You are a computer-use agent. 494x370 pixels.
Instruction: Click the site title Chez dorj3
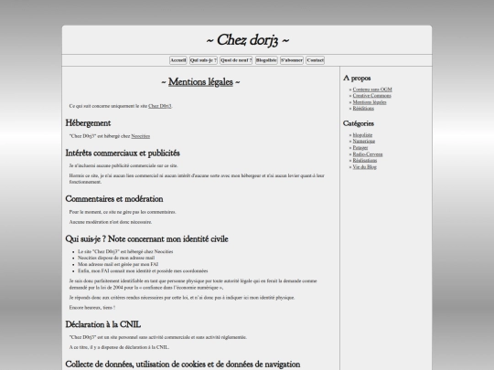pyautogui.click(x=247, y=40)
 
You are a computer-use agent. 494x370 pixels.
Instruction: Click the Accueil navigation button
pyautogui.click(x=178, y=60)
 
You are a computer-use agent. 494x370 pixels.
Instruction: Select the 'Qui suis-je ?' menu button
pyautogui.click(x=203, y=60)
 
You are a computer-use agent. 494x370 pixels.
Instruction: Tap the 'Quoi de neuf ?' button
pyautogui.click(x=236, y=60)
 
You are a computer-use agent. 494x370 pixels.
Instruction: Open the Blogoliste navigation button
pyautogui.click(x=266, y=60)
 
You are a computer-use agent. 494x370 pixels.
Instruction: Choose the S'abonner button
pyautogui.click(x=292, y=60)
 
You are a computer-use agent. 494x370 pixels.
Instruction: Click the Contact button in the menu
pyautogui.click(x=315, y=60)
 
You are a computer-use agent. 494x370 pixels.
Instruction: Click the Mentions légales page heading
pyautogui.click(x=200, y=82)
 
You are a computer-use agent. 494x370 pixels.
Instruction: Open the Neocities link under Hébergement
pyautogui.click(x=140, y=135)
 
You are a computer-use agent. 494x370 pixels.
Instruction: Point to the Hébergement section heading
pyautogui.click(x=88, y=122)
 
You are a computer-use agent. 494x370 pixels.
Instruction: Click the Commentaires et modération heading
pyautogui.click(x=113, y=198)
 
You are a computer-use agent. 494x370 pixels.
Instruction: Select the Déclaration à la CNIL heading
pyautogui.click(x=104, y=324)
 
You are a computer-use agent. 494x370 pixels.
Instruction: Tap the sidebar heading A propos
pyautogui.click(x=358, y=78)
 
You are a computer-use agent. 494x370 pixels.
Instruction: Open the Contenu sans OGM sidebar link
pyautogui.click(x=371, y=90)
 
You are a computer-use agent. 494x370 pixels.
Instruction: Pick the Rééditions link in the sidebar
pyautogui.click(x=362, y=108)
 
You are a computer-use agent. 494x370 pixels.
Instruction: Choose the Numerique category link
pyautogui.click(x=364, y=141)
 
